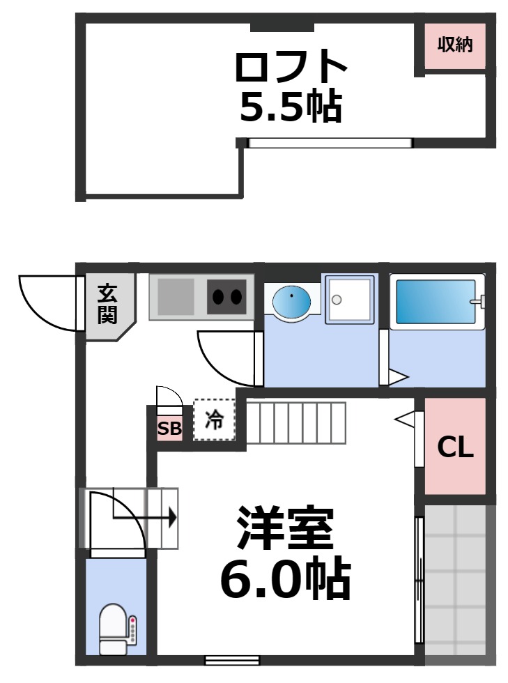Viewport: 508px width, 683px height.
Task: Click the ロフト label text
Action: coord(291,67)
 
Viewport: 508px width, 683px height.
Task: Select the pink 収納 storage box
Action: coord(455,45)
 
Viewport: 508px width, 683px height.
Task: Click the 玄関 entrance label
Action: coord(107,304)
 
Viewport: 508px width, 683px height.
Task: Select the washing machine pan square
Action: coord(350,300)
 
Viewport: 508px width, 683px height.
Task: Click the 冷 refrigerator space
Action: coord(215,420)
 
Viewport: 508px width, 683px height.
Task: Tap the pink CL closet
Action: coord(455,447)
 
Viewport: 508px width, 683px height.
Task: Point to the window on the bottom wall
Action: coord(232,659)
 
